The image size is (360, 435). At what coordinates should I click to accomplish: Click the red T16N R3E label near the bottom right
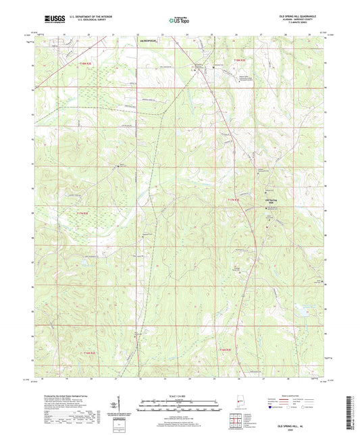tap(226, 349)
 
